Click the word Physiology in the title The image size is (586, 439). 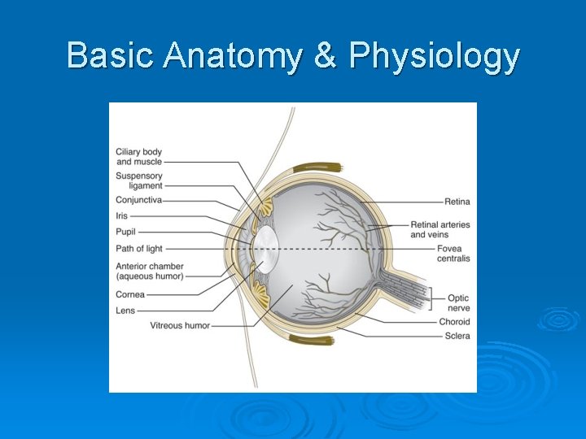click(434, 57)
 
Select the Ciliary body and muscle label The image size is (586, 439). click(138, 157)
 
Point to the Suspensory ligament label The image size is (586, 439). click(139, 180)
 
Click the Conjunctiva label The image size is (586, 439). click(138, 200)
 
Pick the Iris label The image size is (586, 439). click(122, 216)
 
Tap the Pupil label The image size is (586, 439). click(126, 232)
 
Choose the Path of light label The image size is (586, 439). click(139, 249)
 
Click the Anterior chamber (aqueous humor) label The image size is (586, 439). click(150, 272)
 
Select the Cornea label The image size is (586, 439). click(130, 294)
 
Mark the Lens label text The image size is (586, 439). click(125, 310)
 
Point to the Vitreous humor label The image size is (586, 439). click(180, 326)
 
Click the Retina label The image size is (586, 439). click(457, 202)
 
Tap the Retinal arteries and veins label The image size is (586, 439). click(439, 229)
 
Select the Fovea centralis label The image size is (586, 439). click(453, 254)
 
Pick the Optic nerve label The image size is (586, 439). click(458, 303)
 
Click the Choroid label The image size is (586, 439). click(454, 322)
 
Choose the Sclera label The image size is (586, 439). click(457, 336)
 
